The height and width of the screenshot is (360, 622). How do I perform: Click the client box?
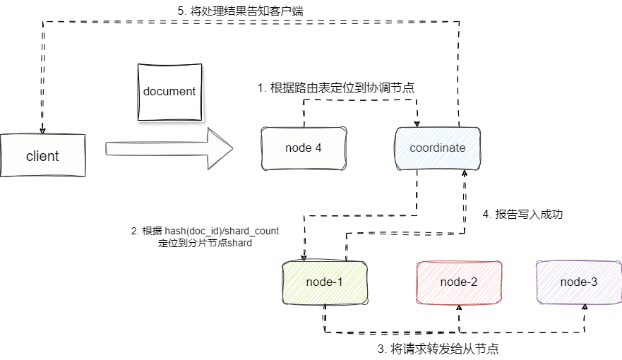42,155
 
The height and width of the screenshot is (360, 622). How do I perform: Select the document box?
169,92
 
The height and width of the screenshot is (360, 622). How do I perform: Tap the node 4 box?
304,148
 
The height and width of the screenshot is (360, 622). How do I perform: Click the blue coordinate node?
438,148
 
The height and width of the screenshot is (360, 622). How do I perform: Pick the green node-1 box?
325,282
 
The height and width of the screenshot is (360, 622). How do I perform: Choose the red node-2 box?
459,282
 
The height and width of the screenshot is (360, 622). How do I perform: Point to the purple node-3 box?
579,282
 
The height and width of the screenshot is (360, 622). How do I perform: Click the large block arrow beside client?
169,148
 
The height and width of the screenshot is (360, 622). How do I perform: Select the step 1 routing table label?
335,88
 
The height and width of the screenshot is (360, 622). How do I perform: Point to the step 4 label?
522,213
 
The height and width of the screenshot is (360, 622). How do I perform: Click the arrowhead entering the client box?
43,130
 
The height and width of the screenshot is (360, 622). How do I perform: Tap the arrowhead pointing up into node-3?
585,307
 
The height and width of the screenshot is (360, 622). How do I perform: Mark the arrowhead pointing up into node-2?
459,307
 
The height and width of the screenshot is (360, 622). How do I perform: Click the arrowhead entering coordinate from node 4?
417,124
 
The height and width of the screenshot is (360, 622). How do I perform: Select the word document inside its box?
169,92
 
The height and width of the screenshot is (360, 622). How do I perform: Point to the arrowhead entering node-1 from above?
304,258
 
